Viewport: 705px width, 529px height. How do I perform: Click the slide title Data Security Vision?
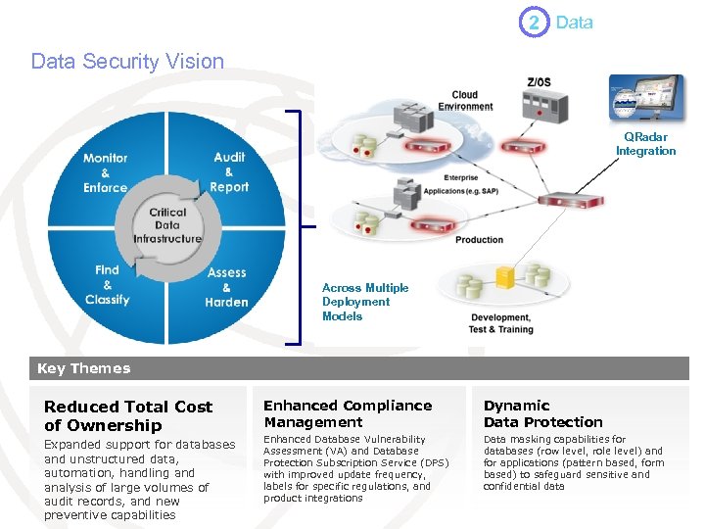pyautogui.click(x=127, y=61)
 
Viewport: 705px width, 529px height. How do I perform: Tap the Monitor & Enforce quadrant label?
pyautogui.click(x=105, y=172)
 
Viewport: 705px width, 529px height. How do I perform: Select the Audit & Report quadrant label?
pyautogui.click(x=229, y=171)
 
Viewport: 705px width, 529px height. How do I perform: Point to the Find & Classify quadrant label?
pyautogui.click(x=107, y=284)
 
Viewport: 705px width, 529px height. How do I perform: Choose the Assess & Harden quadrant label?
pyautogui.click(x=226, y=287)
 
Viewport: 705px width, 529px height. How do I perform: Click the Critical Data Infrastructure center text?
pyautogui.click(x=167, y=225)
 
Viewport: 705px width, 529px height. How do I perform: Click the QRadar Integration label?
pyautogui.click(x=645, y=144)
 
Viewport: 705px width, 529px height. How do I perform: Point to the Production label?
pyautogui.click(x=480, y=240)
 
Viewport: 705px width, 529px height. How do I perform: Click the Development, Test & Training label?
pyautogui.click(x=501, y=323)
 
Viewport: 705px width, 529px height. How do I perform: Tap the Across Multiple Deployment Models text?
pyautogui.click(x=365, y=302)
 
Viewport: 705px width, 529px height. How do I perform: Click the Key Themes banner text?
pyautogui.click(x=83, y=368)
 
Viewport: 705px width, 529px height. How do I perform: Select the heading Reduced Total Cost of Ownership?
pyautogui.click(x=128, y=415)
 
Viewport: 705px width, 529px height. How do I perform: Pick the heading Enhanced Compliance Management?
pyautogui.click(x=348, y=413)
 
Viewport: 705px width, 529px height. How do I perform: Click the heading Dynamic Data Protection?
pyautogui.click(x=542, y=413)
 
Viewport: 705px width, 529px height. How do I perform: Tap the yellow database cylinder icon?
pyautogui.click(x=505, y=276)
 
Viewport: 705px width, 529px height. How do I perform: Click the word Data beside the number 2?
pyautogui.click(x=574, y=23)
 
